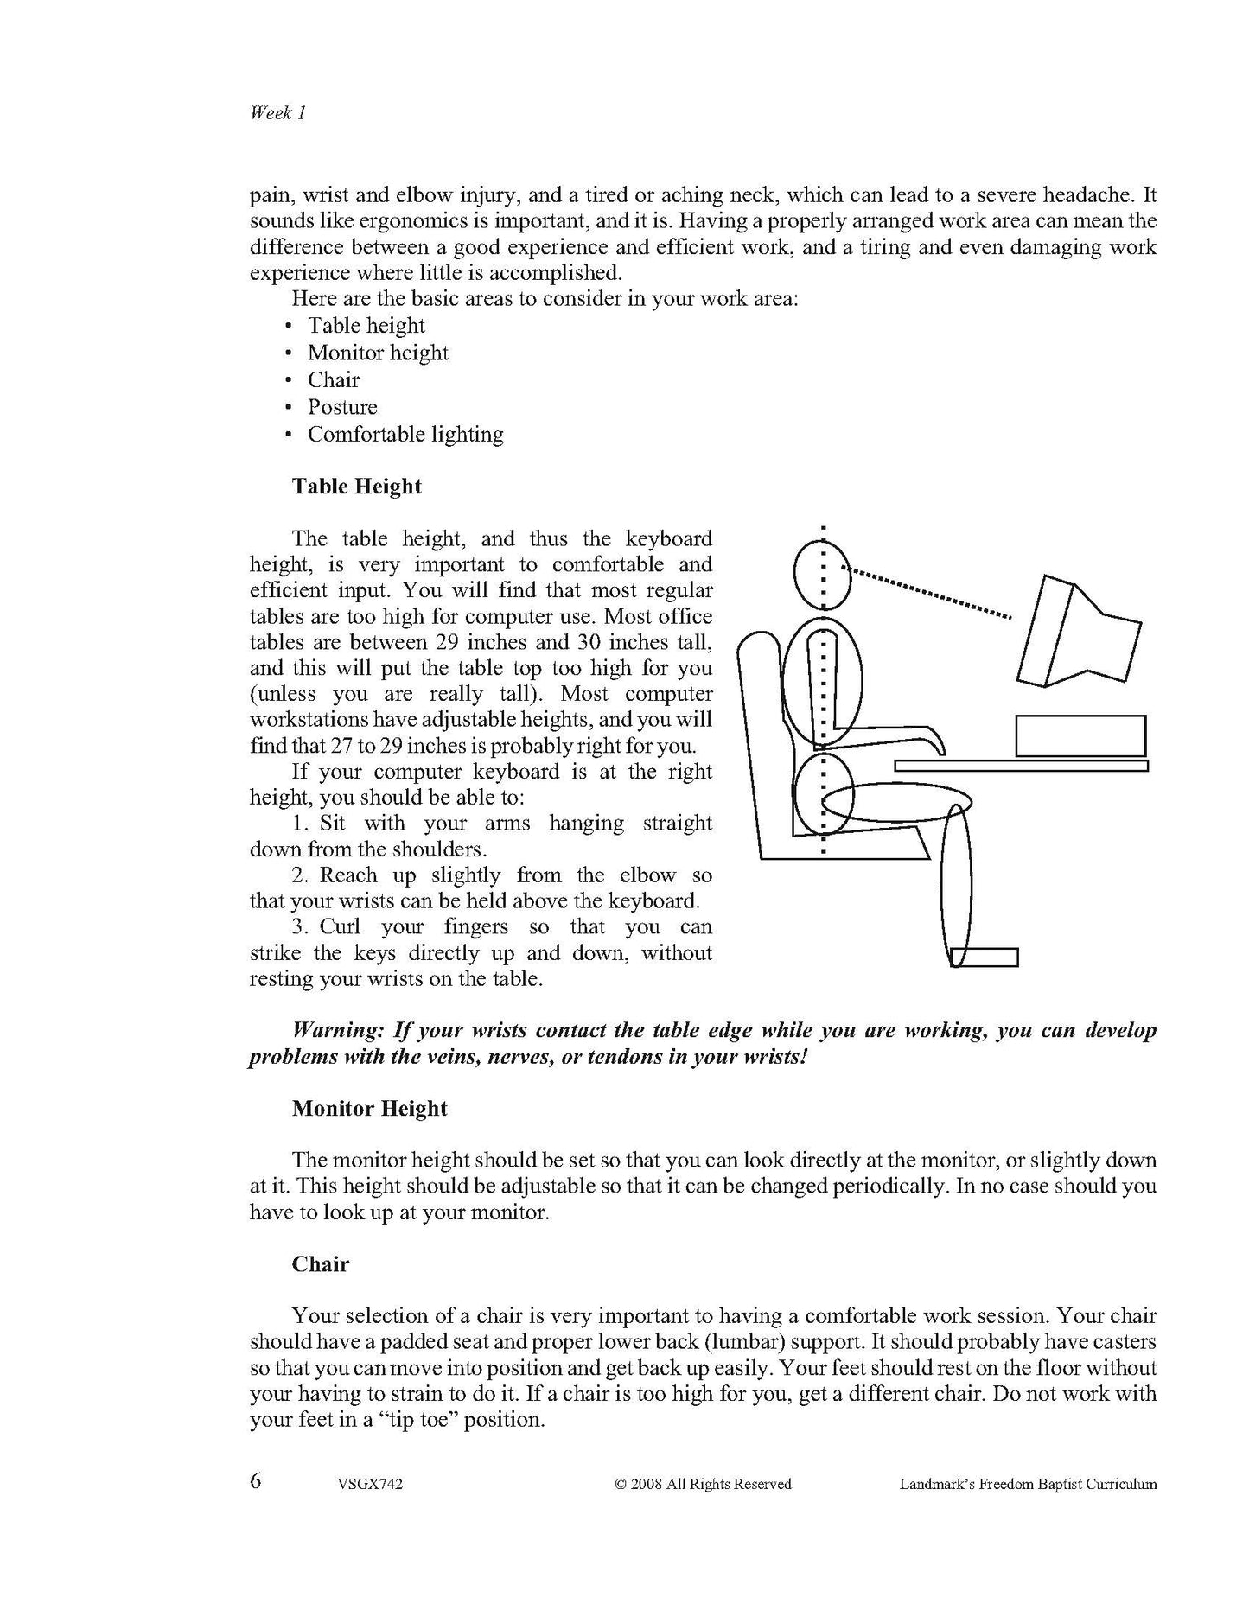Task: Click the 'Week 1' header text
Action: click(277, 113)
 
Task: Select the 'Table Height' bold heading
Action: click(356, 487)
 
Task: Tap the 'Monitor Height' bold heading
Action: click(369, 1109)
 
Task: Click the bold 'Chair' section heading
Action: click(320, 1264)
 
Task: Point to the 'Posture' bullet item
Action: click(342, 407)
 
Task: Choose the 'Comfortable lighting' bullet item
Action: click(405, 434)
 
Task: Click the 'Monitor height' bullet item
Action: click(378, 353)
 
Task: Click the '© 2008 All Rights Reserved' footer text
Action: click(703, 1485)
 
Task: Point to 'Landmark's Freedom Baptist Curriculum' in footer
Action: click(1028, 1485)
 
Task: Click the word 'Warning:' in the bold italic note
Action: click(340, 1031)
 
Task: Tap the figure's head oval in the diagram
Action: click(822, 573)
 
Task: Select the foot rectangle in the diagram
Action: click(985, 958)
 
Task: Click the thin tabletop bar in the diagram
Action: click(1021, 766)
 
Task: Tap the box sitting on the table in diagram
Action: click(1080, 736)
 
